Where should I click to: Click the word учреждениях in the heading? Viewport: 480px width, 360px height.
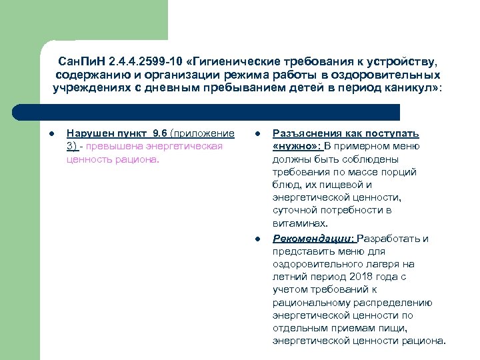pyautogui.click(x=88, y=88)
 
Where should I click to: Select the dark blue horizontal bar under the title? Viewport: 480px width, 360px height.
pyautogui.click(x=220, y=111)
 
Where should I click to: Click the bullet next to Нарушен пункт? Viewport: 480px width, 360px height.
pyautogui.click(x=53, y=133)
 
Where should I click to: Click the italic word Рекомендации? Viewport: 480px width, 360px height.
pyautogui.click(x=313, y=238)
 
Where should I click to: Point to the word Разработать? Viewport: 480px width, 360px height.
pyautogui.click(x=390, y=238)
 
